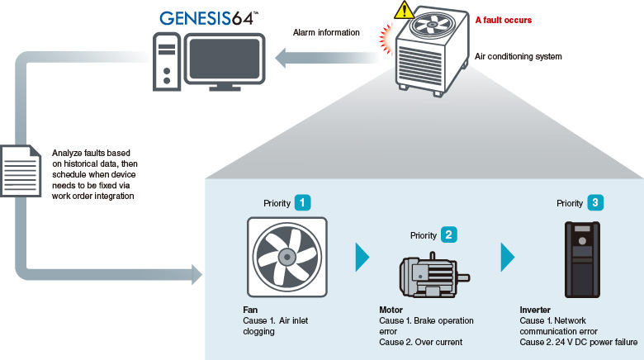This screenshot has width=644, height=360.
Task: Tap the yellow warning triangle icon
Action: [404, 10]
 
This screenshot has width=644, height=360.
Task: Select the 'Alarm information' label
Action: [326, 33]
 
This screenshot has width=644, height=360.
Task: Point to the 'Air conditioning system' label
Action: [518, 57]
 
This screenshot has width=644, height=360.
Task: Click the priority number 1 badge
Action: [304, 201]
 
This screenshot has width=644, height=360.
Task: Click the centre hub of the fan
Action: [286, 255]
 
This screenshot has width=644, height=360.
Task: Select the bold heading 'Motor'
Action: [391, 309]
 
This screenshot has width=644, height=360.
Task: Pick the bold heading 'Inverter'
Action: [535, 309]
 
